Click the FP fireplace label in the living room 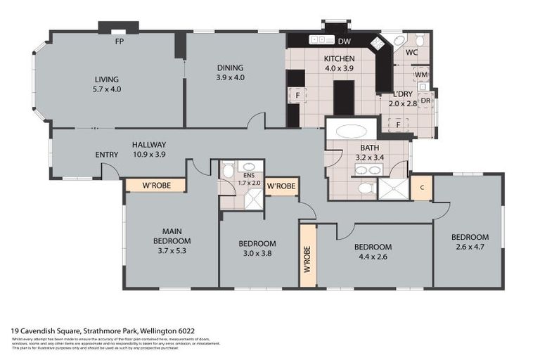click(120, 41)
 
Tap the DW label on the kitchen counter click(345, 41)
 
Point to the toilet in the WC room click(419, 39)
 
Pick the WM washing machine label click(421, 74)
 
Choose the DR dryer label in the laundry click(425, 101)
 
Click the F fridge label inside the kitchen click(297, 94)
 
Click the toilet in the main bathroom click(364, 188)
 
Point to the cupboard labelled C click(421, 188)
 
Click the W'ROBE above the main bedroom click(155, 186)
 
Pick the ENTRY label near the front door click(107, 155)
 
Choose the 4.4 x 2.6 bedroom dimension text click(373, 257)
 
